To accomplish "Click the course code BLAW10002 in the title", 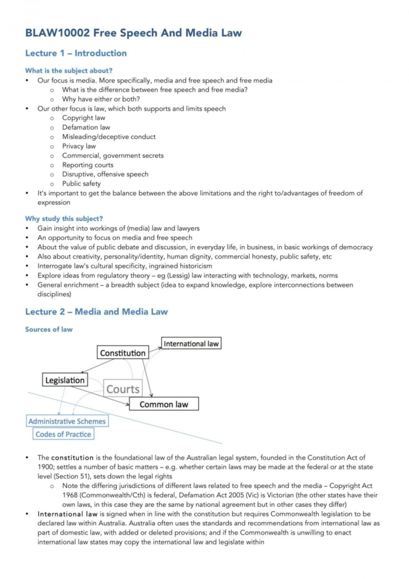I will pyautogui.click(x=57, y=33).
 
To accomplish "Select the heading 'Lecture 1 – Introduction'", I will pyautogui.click(x=76, y=53).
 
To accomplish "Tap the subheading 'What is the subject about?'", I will pyautogui.click(x=69, y=71).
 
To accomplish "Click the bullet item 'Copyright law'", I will pyautogui.click(x=84, y=118).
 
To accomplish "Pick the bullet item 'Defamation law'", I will pyautogui.click(x=86, y=127).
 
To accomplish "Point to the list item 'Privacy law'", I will pyautogui.click(x=79, y=146).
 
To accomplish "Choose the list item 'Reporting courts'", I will pyautogui.click(x=88, y=165).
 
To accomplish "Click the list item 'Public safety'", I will pyautogui.click(x=81, y=183).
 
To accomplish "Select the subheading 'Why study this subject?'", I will pyautogui.click(x=64, y=219).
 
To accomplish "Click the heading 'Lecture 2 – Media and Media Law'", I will pyautogui.click(x=96, y=312).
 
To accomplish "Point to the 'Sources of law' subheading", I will pyautogui.click(x=49, y=329).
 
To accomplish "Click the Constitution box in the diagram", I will pyautogui.click(x=123, y=353).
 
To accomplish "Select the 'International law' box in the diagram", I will pyautogui.click(x=191, y=343).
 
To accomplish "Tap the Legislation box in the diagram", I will pyautogui.click(x=65, y=380).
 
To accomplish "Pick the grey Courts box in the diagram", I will pyautogui.click(x=123, y=389).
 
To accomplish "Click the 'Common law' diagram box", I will pyautogui.click(x=164, y=404).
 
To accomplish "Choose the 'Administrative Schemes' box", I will pyautogui.click(x=67, y=421).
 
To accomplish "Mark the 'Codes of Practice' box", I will pyautogui.click(x=63, y=434).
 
